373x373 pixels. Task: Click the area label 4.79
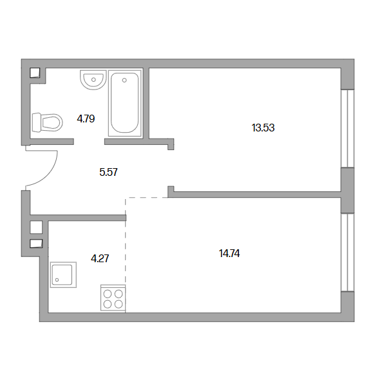(x=86, y=119)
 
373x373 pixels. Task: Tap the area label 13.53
(x=263, y=128)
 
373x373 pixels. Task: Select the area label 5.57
(x=108, y=172)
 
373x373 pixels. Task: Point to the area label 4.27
(x=100, y=258)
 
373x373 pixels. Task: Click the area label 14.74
(x=229, y=253)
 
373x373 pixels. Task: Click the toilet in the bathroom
(x=47, y=123)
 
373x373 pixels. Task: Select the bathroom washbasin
(x=93, y=80)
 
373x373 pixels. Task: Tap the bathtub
(x=125, y=103)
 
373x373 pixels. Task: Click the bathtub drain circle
(x=124, y=81)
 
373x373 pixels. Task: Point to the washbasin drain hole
(x=93, y=80)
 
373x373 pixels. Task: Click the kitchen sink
(x=63, y=274)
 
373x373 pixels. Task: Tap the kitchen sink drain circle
(x=57, y=280)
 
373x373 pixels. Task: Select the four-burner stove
(x=113, y=298)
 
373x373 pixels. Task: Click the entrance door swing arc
(x=50, y=175)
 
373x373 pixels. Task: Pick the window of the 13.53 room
(x=347, y=128)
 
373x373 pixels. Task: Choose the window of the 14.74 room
(x=347, y=252)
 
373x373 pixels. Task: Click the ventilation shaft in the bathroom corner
(x=35, y=73)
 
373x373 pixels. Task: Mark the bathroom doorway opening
(x=89, y=142)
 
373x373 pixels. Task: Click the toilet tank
(x=36, y=123)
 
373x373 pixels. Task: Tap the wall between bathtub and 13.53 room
(x=146, y=103)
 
